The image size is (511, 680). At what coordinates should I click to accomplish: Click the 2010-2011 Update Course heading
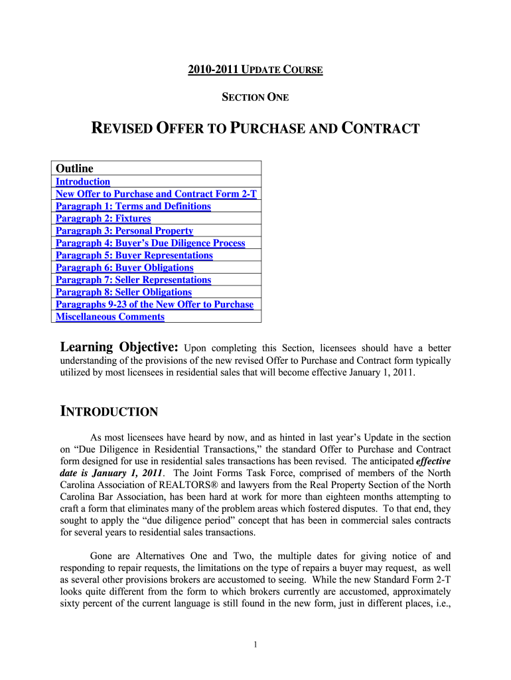coord(256,70)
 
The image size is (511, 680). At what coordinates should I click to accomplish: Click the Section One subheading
coord(255,98)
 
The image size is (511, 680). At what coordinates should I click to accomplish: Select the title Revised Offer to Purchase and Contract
coord(255,128)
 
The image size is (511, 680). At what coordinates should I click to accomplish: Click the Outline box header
coord(74,169)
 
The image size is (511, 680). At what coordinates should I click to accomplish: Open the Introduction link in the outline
coord(83,181)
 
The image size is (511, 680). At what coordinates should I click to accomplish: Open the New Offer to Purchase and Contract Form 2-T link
coord(156,194)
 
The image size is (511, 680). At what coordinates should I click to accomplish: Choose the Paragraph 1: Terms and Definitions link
coord(133,206)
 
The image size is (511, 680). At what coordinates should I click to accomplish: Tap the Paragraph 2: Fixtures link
coord(103,218)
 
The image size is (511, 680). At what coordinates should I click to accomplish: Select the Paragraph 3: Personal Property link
coord(124,231)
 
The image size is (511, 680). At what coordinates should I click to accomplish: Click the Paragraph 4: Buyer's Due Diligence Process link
coord(150,243)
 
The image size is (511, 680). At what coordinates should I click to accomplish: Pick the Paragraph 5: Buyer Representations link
coord(134,255)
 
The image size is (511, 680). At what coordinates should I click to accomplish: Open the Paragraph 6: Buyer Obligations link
coord(124,268)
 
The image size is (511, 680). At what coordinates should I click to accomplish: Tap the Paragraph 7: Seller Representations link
coord(133,280)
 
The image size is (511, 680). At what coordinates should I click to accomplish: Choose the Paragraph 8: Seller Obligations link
coord(123,292)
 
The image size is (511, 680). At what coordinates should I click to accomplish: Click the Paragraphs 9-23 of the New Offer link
coord(154,304)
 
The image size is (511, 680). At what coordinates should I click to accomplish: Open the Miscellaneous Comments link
coord(110,317)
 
